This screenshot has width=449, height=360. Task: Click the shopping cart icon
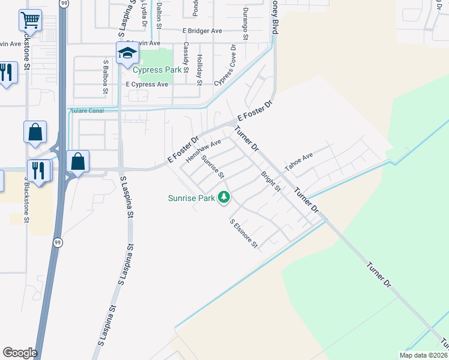click(x=29, y=20)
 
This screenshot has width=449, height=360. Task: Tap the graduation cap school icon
click(x=127, y=54)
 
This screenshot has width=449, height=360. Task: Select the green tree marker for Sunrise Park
click(x=224, y=197)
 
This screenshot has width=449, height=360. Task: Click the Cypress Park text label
click(x=157, y=70)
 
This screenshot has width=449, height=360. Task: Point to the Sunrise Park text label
click(x=191, y=197)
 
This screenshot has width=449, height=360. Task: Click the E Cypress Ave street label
click(x=147, y=85)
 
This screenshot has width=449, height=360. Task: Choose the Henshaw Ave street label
click(x=204, y=151)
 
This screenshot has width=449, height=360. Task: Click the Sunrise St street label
click(x=212, y=167)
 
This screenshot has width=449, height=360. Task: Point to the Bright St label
click(x=271, y=182)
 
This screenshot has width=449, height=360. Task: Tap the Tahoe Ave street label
click(x=299, y=162)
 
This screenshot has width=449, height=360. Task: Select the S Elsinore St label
click(x=244, y=233)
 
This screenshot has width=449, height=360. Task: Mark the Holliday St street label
click(x=200, y=69)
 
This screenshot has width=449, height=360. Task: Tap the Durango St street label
click(x=245, y=23)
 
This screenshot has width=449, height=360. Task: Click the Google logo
click(x=20, y=353)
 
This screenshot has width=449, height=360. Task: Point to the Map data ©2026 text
click(x=423, y=355)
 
